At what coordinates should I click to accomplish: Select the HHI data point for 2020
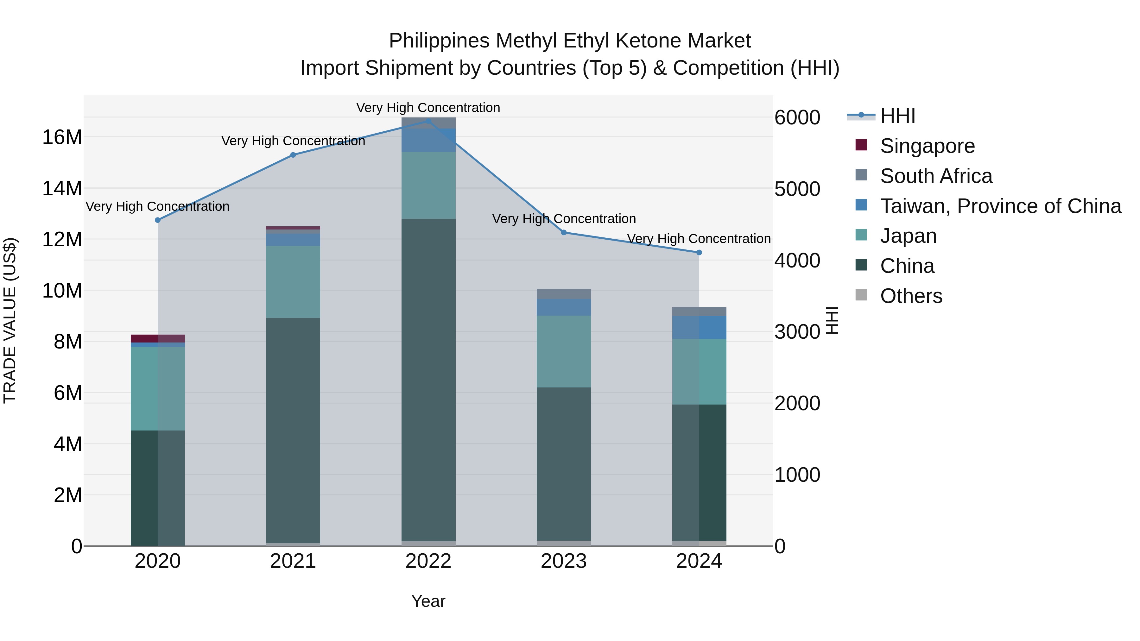coord(158,220)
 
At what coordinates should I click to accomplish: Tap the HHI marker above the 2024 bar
coord(699,253)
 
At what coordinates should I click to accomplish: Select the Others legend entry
coord(911,296)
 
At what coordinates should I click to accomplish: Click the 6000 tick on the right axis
coord(797,118)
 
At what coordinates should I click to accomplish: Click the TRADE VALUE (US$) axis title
coord(10,320)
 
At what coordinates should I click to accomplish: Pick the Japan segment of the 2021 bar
coord(293,282)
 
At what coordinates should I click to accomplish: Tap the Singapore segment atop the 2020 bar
coord(158,338)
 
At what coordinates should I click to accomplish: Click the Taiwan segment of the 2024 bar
coord(699,327)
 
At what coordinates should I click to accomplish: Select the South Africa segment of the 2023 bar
coord(563,294)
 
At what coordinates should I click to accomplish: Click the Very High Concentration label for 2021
coord(293,141)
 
